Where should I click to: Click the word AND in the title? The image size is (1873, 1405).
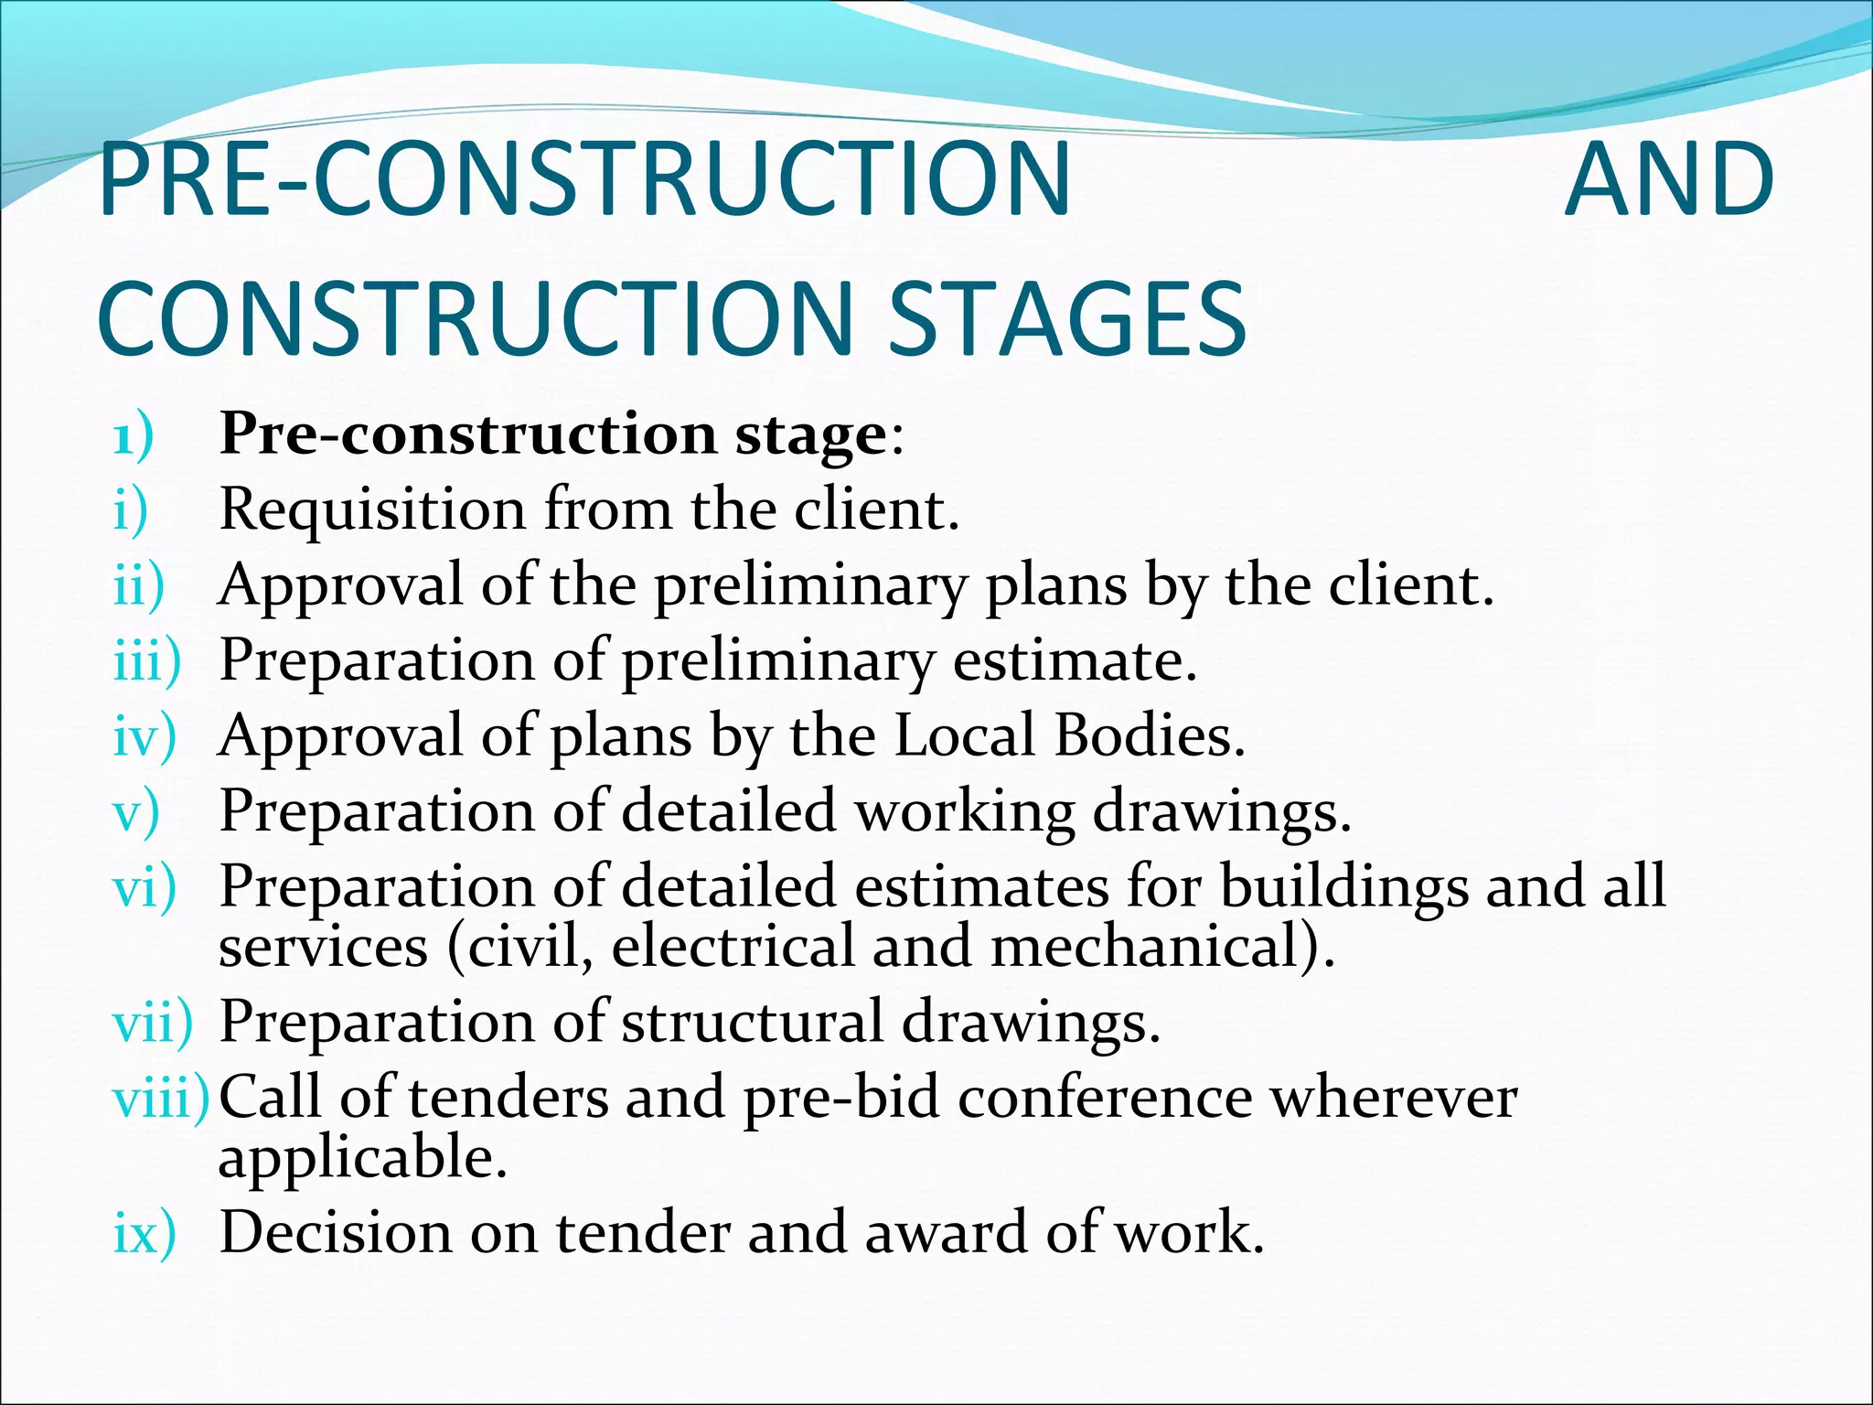click(1669, 179)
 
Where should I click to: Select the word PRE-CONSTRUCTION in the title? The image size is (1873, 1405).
click(584, 179)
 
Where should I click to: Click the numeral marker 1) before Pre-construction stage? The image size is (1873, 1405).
click(134, 435)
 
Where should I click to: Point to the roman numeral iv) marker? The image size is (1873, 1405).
click(144, 736)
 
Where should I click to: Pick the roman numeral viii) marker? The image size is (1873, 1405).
click(161, 1099)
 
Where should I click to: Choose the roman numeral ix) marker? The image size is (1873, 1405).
click(144, 1233)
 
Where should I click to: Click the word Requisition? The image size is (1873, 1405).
click(372, 510)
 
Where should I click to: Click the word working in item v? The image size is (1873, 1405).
click(964, 812)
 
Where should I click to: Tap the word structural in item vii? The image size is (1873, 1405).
click(752, 1021)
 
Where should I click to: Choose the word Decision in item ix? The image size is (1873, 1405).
click(336, 1232)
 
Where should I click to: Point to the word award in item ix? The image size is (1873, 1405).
click(946, 1232)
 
